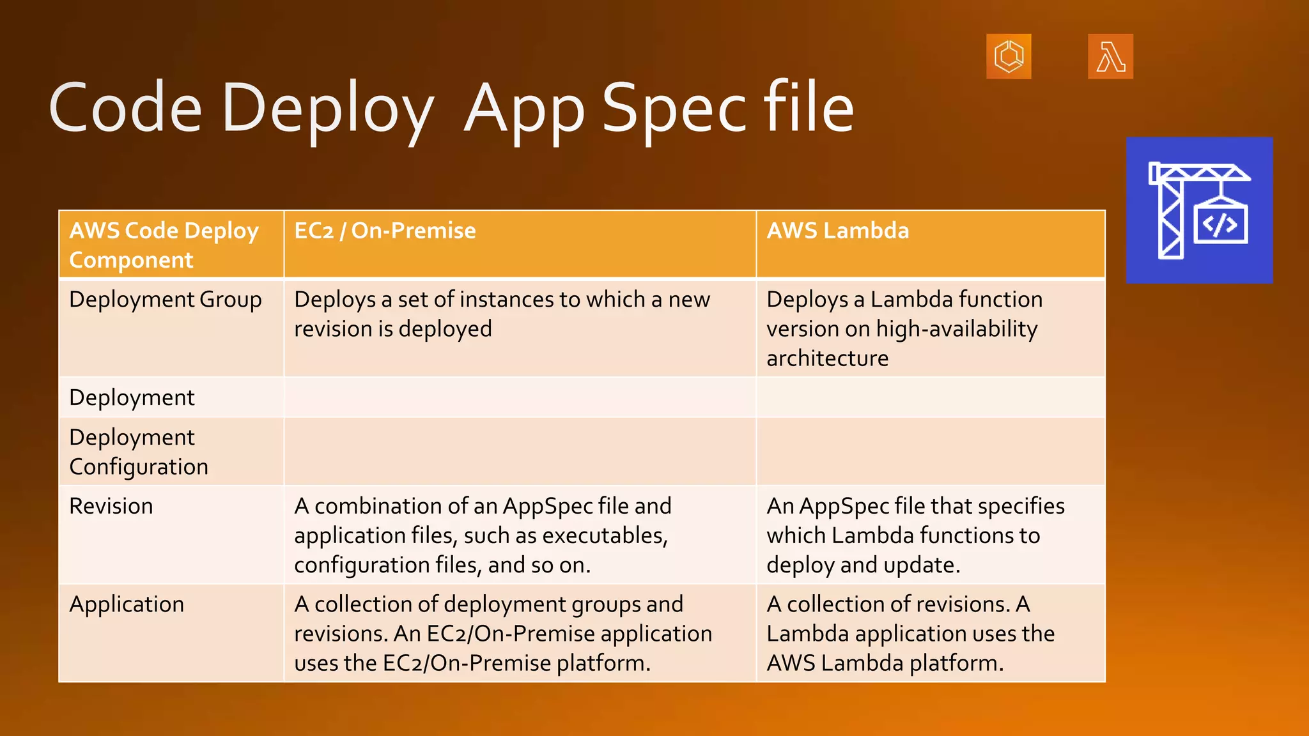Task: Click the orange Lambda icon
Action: click(x=1110, y=57)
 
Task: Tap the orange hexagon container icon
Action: click(x=1009, y=57)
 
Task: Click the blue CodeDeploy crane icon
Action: click(x=1199, y=210)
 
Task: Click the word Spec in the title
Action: click(x=674, y=109)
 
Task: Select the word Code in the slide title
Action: click(x=125, y=109)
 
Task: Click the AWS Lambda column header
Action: click(x=837, y=231)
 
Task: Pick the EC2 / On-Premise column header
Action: click(x=385, y=231)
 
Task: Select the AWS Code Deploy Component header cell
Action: click(x=164, y=245)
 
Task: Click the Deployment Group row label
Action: click(x=165, y=300)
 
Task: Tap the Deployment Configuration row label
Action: click(x=139, y=452)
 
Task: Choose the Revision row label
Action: click(x=111, y=506)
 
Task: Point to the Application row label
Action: click(x=127, y=604)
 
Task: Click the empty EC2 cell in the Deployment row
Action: click(x=519, y=397)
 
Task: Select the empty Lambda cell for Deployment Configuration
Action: click(x=930, y=452)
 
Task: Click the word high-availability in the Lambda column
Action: click(x=957, y=329)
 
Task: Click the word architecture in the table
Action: click(x=827, y=358)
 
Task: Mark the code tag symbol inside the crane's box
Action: click(x=1220, y=225)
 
